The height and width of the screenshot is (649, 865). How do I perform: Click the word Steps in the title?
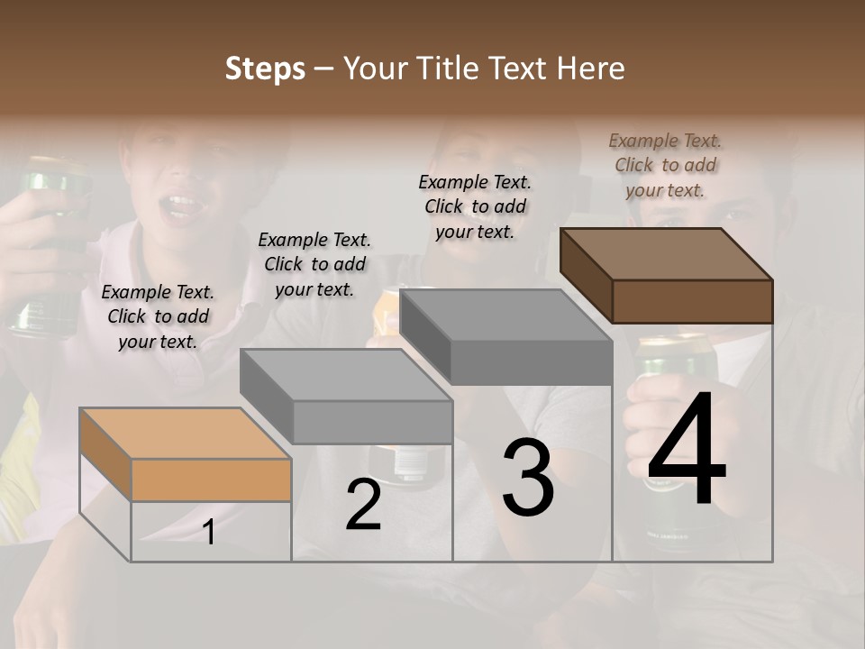point(265,69)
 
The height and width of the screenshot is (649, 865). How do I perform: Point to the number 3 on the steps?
point(527,478)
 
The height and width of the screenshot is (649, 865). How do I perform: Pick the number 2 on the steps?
point(363,506)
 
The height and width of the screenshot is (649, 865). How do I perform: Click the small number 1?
point(208,533)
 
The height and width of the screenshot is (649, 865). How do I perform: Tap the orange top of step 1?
point(185,433)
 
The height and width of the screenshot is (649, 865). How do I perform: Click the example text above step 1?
point(158,316)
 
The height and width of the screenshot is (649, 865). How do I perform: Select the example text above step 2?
point(314,264)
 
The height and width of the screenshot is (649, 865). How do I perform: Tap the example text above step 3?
point(475,206)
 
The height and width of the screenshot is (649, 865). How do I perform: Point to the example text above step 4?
point(665,165)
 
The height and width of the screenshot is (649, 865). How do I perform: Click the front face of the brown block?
point(692,301)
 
